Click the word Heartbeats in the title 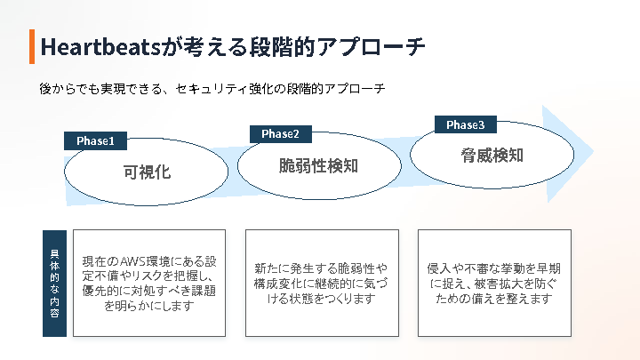(x=100, y=46)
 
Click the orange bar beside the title (x=32, y=46)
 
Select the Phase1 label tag (x=95, y=140)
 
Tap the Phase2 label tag (x=280, y=134)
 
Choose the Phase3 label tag (x=465, y=124)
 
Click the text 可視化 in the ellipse (x=147, y=172)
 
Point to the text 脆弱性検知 (x=318, y=165)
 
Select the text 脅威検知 (x=492, y=155)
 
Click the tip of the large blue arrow (x=594, y=152)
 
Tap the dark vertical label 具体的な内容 (x=55, y=284)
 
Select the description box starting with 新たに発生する (x=322, y=284)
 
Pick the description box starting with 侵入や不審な (x=494, y=284)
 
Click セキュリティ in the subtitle (x=212, y=89)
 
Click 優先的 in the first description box (x=100, y=291)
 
